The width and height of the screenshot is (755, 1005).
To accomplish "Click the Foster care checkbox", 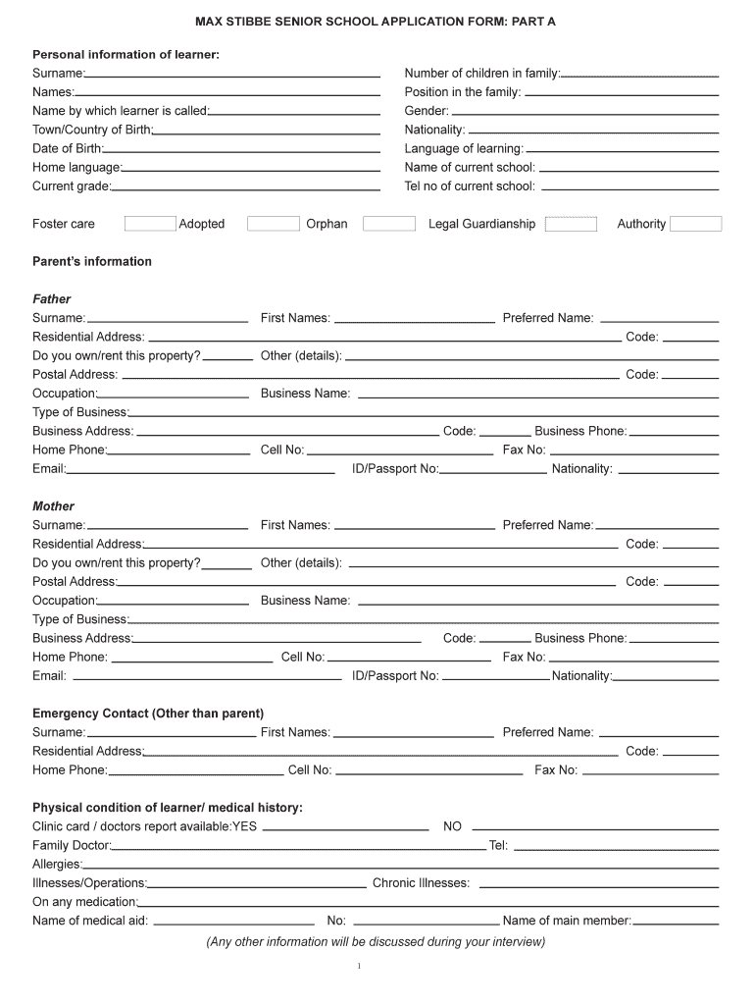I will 150,224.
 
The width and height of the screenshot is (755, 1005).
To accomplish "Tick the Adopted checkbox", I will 273,224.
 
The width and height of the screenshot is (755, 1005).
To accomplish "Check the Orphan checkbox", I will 388,224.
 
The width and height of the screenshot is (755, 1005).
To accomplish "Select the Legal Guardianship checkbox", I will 571,224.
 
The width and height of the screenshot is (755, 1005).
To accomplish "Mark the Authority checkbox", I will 695,224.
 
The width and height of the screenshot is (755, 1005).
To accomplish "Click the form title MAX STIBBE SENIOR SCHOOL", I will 376,21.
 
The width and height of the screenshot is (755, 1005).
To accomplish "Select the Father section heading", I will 52,299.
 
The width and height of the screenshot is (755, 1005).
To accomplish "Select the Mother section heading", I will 53,506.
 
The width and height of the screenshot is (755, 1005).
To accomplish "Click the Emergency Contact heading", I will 148,714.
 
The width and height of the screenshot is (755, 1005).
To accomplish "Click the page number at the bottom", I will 359,968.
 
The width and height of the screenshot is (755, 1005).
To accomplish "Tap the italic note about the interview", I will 376,942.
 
